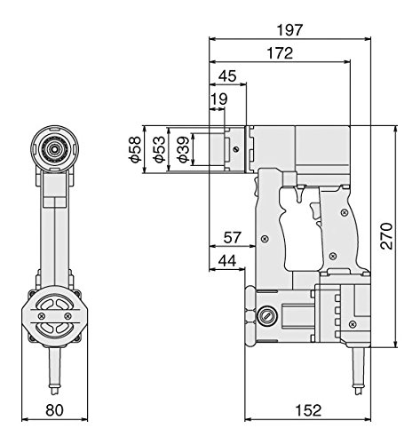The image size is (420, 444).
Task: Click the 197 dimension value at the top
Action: tap(290, 30)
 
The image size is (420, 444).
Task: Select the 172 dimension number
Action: tap(280, 53)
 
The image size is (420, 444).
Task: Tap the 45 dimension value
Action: tap(227, 75)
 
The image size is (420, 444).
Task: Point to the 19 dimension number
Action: tap(218, 99)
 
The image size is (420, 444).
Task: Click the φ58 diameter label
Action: tap(134, 149)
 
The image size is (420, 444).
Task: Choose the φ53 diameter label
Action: tap(159, 149)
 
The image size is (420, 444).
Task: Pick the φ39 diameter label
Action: tap(184, 149)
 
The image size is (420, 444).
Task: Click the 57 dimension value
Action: tap(233, 237)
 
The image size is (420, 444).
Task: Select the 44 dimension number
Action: tap(227, 261)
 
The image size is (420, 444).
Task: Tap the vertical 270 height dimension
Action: tap(386, 236)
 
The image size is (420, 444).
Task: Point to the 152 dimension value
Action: tap(308, 410)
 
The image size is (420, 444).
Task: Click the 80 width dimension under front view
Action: tap(54, 410)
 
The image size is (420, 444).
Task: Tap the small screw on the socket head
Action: tap(235, 149)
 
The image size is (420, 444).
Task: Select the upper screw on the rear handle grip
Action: tap(344, 212)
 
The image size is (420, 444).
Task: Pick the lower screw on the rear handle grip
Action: tap(333, 256)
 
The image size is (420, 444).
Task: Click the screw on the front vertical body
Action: tap(265, 239)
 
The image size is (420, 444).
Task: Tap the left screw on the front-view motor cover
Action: tap(43, 315)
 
